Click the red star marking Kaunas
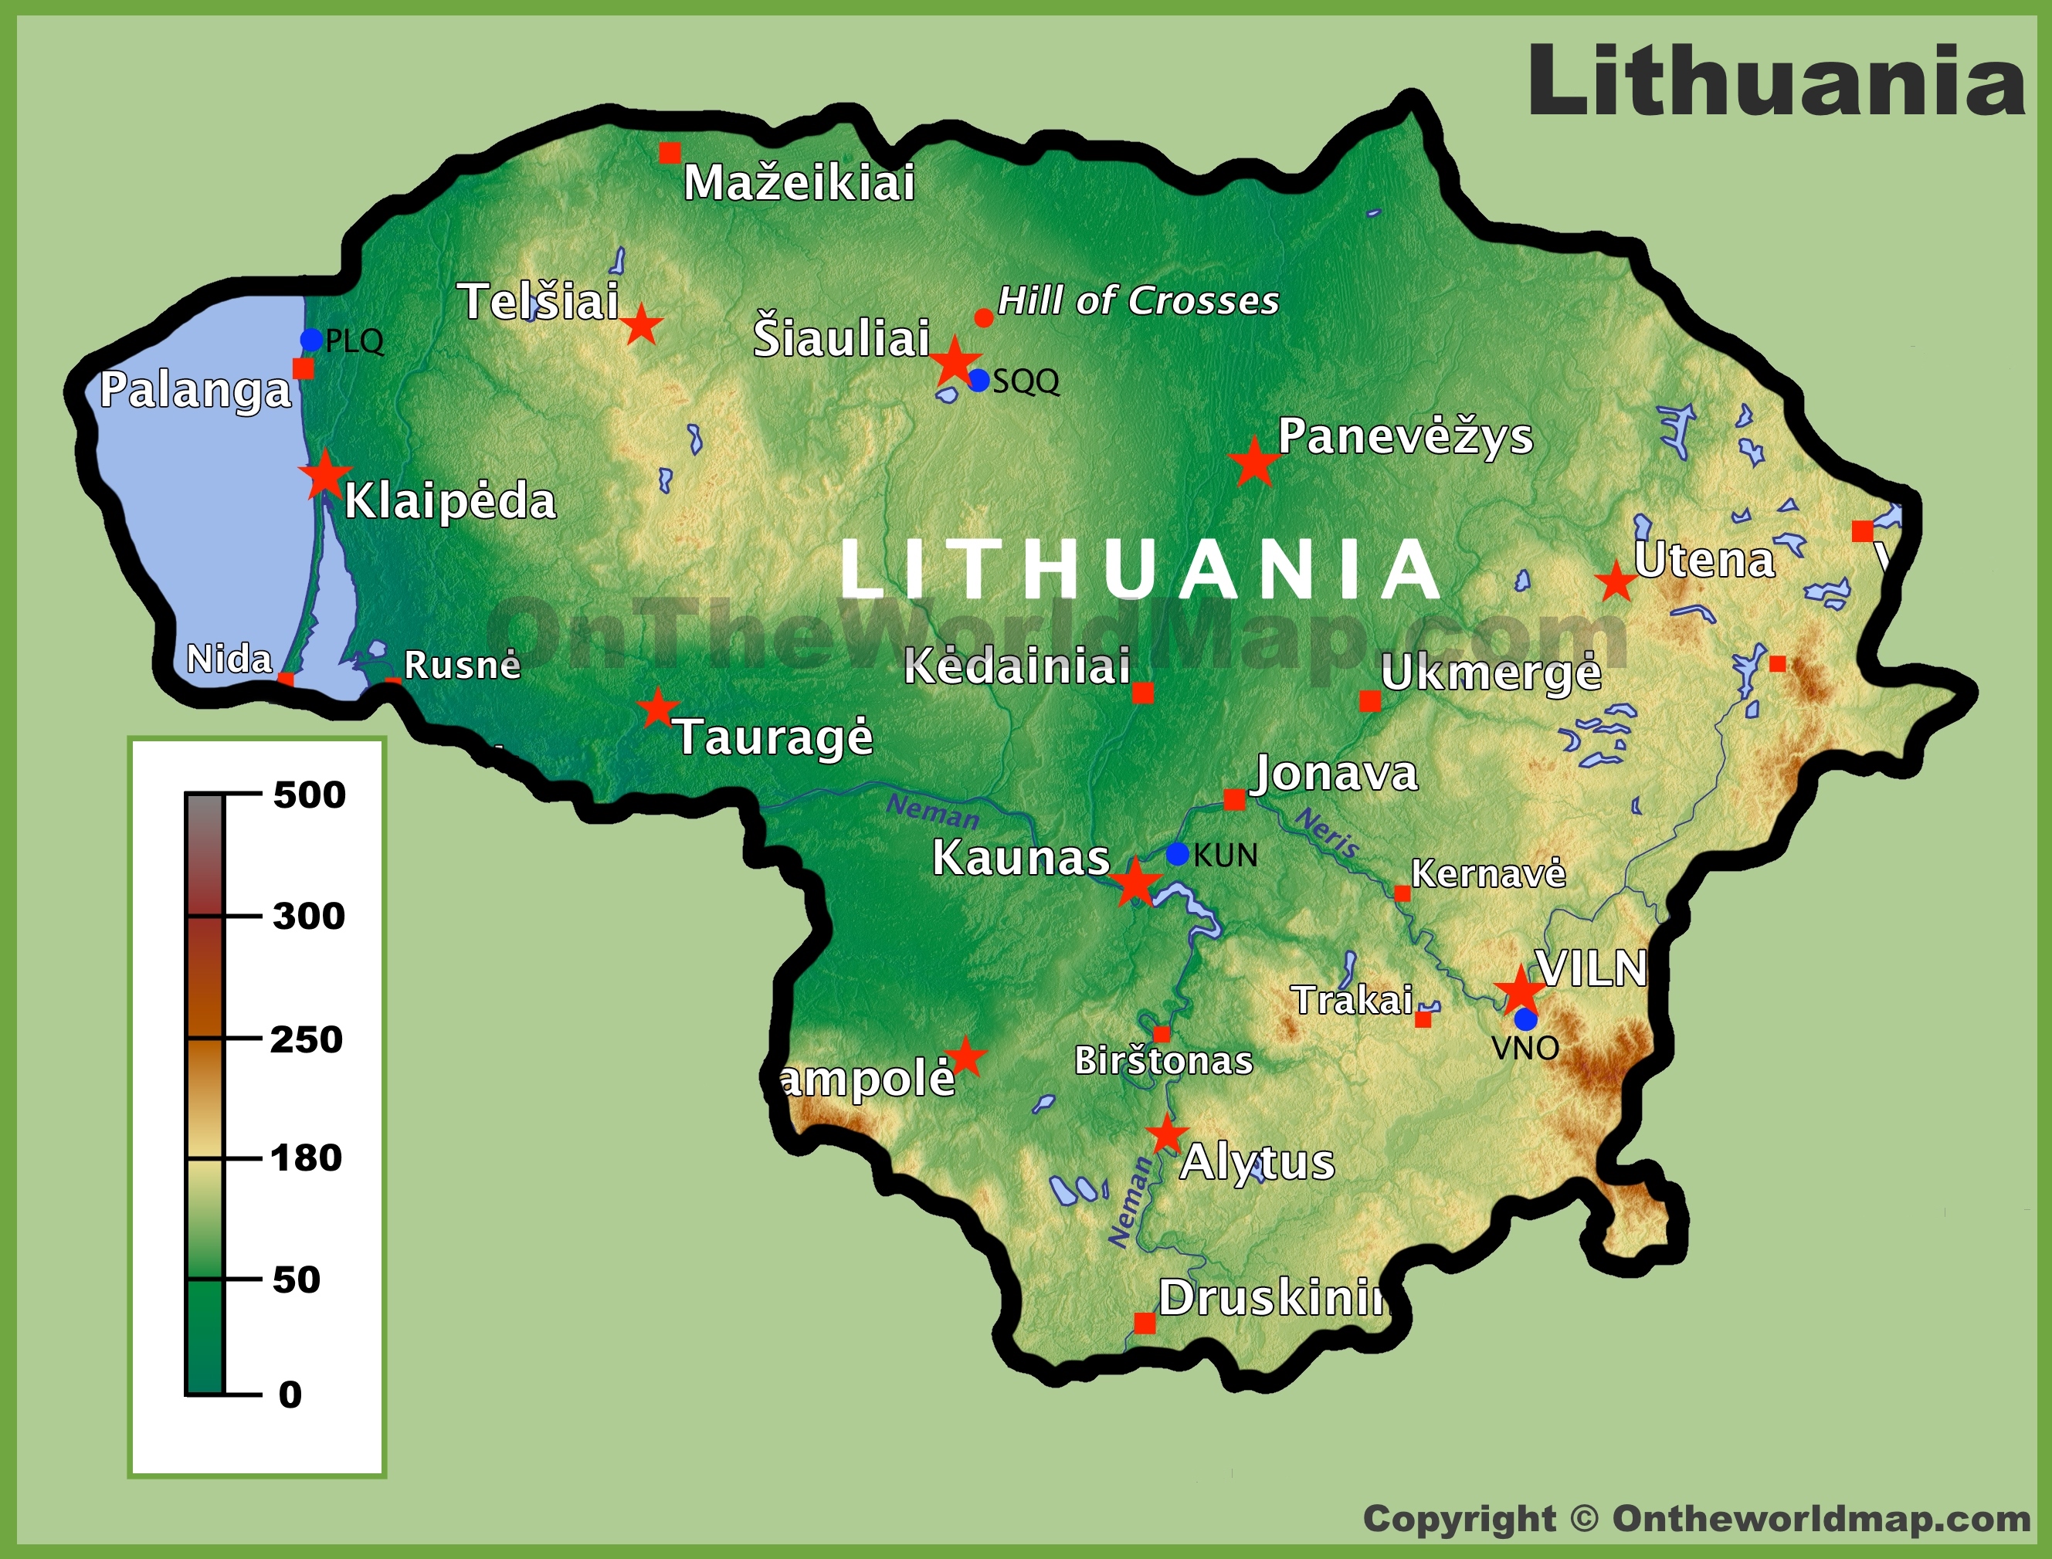coord(1135,883)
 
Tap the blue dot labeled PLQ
coord(312,340)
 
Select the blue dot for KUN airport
coord(1177,854)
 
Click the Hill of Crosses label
coord(1138,300)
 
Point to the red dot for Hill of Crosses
coord(984,318)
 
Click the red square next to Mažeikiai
coord(669,153)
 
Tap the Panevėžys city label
coord(1405,436)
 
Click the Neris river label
coord(1327,832)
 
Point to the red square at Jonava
coord(1234,799)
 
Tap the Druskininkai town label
coord(1271,1297)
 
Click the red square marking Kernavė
coord(1402,893)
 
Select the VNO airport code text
coord(1524,1048)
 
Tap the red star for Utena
coord(1616,582)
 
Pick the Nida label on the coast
coord(229,659)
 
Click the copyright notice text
coord(1697,1519)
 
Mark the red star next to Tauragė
coord(658,708)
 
